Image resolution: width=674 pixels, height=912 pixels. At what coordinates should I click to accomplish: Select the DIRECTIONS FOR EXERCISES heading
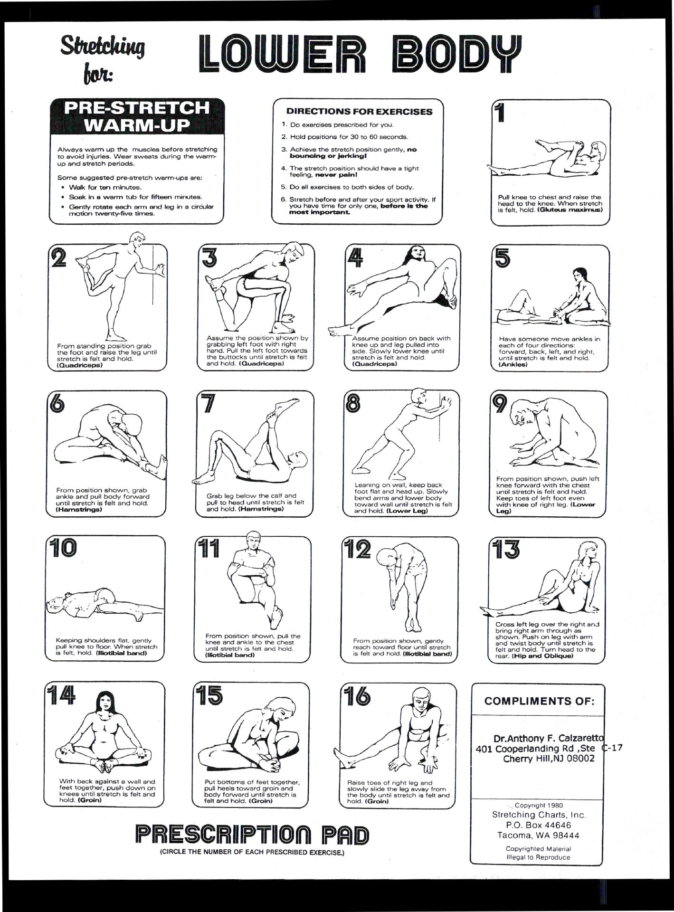pos(360,112)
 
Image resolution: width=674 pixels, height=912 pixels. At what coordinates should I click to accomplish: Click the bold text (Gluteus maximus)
pos(570,210)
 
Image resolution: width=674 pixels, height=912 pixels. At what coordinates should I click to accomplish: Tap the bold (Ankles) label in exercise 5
pos(513,365)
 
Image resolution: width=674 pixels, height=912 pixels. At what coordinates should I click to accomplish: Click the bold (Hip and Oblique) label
pos(542,656)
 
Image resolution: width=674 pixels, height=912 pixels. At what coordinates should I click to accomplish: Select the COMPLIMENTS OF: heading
pos(539,701)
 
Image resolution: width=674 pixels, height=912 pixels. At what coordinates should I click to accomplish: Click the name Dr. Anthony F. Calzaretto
pos(548,739)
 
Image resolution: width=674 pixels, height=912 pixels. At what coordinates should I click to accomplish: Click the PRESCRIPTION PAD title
pos(252,835)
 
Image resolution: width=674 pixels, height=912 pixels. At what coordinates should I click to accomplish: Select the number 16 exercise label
pos(357,696)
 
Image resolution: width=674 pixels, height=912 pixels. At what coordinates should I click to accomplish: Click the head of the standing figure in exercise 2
pos(138,239)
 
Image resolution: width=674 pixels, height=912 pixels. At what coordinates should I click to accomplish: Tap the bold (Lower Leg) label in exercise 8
pos(407,511)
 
